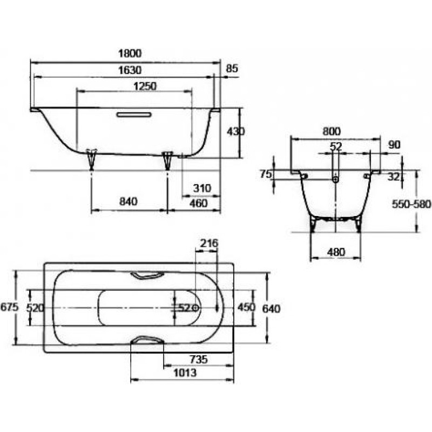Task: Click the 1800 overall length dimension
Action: coord(130,53)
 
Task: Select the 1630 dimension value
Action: coord(130,70)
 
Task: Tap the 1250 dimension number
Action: coord(145,86)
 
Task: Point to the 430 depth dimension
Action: coord(235,132)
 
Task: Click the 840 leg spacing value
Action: coord(129,201)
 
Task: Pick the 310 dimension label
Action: coord(202,188)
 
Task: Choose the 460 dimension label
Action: coord(198,204)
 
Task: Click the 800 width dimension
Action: coord(332,131)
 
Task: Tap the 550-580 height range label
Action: coord(411,204)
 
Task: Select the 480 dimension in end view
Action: coord(336,252)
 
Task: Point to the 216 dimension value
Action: coord(209,244)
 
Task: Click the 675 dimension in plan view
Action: coord(9,307)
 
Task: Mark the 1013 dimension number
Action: coord(185,373)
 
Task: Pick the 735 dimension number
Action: coord(198,360)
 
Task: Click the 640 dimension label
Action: coord(271,309)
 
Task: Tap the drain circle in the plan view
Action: coord(195,308)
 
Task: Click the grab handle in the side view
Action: coord(134,114)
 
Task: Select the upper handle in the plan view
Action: coord(147,275)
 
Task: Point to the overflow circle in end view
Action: coord(335,179)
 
